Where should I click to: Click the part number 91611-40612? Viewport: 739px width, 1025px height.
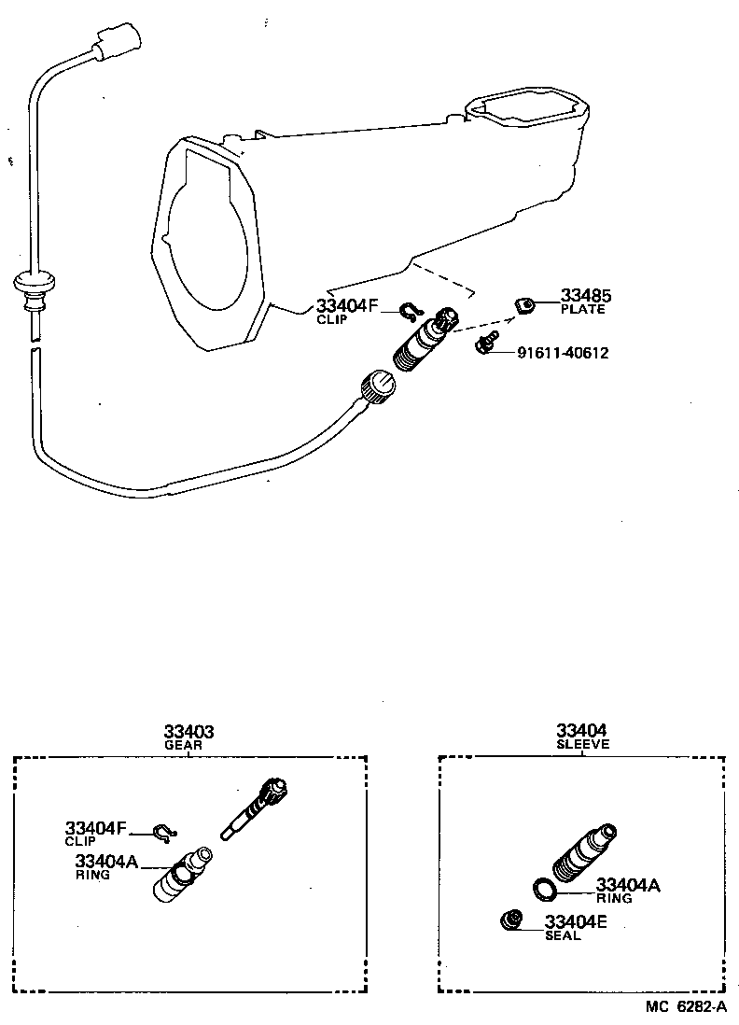(563, 353)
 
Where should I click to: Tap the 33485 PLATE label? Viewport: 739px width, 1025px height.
(582, 302)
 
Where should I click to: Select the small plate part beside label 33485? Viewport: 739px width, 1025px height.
(525, 303)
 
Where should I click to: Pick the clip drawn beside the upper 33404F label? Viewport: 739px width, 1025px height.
(411, 312)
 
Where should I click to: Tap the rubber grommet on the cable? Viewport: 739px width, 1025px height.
(34, 283)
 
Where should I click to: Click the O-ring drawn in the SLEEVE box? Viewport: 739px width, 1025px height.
(546, 889)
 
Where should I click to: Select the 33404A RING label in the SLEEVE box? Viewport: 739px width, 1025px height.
(626, 890)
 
